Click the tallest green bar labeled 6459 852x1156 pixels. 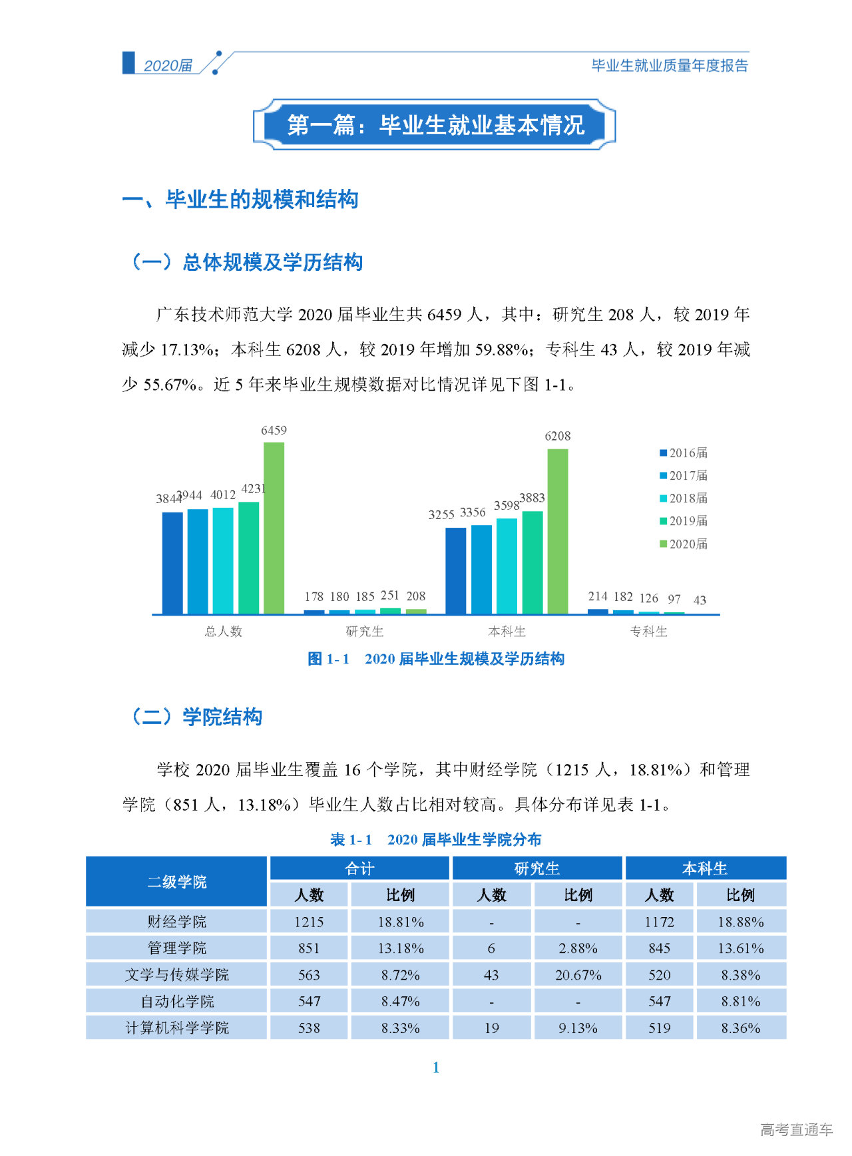tap(274, 528)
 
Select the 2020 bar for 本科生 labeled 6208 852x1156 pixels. tap(558, 531)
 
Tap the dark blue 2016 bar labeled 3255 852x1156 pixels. tap(455, 570)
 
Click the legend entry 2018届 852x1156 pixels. tap(684, 498)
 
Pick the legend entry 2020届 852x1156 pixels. tap(684, 544)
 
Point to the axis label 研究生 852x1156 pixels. tap(365, 631)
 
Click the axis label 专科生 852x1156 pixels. tap(648, 631)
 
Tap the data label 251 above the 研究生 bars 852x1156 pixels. tap(390, 595)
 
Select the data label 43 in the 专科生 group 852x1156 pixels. tap(700, 600)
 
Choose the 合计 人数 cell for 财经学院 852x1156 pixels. tap(309, 922)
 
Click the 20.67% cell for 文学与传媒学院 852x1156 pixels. tap(578, 975)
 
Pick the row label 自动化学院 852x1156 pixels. tap(177, 1002)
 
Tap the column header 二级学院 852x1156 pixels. tap(177, 882)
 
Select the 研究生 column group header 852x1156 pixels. tap(537, 868)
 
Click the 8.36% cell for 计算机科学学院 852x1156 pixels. tap(740, 1028)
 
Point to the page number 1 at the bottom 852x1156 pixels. tap(436, 1067)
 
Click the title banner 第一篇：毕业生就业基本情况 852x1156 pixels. tap(435, 125)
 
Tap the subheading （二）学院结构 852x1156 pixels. tap(196, 717)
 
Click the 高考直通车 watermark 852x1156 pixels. tap(796, 1129)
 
